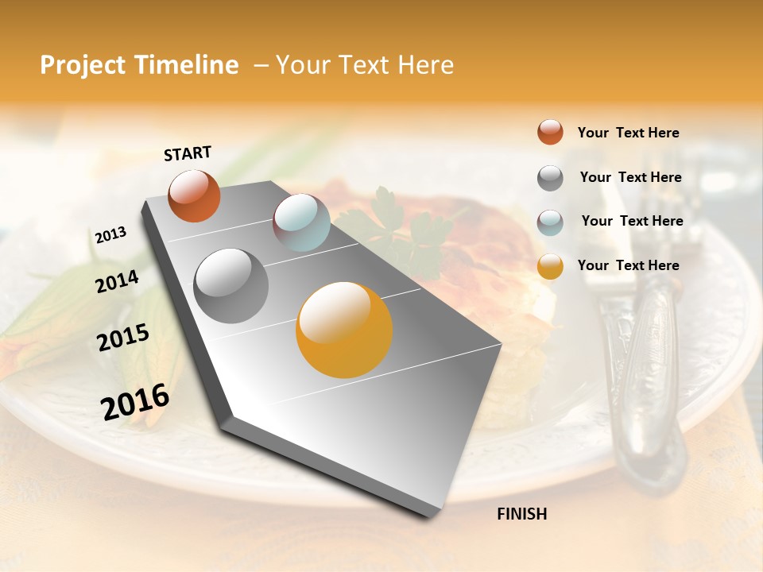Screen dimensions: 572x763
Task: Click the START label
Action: (x=188, y=153)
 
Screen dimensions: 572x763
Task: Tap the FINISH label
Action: (x=521, y=514)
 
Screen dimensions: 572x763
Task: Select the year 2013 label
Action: (x=110, y=234)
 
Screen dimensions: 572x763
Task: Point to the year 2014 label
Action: (x=117, y=281)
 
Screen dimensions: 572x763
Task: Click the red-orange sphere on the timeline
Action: (x=194, y=195)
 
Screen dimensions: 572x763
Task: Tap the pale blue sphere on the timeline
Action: (x=301, y=222)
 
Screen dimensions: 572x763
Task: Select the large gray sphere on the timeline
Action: (x=231, y=286)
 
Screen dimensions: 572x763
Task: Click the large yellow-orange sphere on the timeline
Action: (x=344, y=330)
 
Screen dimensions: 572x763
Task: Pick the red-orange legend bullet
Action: (x=550, y=132)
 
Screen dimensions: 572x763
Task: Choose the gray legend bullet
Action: (x=550, y=178)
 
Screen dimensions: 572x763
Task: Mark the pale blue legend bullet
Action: (x=550, y=222)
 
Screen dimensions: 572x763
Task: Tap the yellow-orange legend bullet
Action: (x=550, y=266)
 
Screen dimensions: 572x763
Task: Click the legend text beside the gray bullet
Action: (x=630, y=177)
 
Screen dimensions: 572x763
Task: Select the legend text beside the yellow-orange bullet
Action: (x=628, y=265)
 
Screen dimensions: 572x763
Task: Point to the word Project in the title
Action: (x=82, y=65)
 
